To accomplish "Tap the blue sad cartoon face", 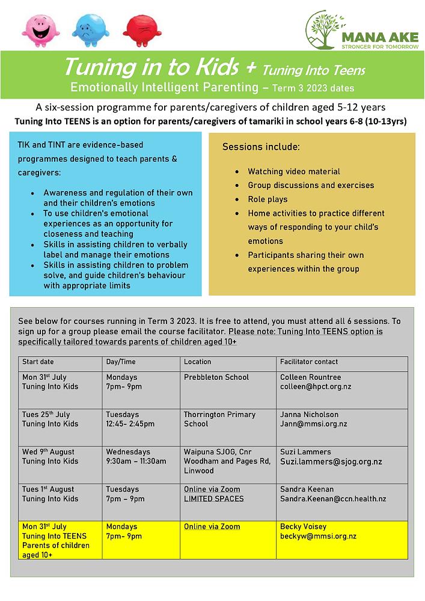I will pyautogui.click(x=90, y=30).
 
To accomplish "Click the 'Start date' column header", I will pyautogui.click(x=38, y=362).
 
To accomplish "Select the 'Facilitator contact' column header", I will pyautogui.click(x=309, y=362).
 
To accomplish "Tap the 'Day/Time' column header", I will pyautogui.click(x=121, y=362).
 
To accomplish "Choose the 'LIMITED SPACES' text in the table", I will pyautogui.click(x=214, y=499).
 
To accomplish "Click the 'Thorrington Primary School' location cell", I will pyautogui.click(x=219, y=419).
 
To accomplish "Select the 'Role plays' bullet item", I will pyautogui.click(x=268, y=199).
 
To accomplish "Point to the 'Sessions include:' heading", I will pyautogui.click(x=261, y=147).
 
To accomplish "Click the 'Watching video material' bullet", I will pyautogui.click(x=294, y=171).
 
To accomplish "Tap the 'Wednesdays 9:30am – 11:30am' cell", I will pyautogui.click(x=136, y=457).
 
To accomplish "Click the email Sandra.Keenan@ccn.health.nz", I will pyautogui.click(x=333, y=499).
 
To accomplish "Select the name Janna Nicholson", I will pyautogui.click(x=309, y=415).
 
